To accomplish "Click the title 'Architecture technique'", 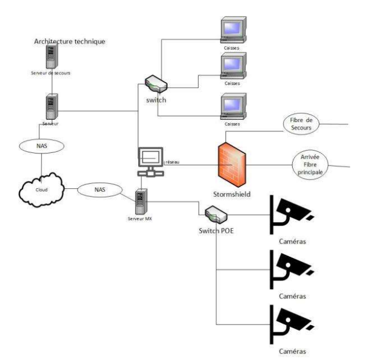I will (x=70, y=41).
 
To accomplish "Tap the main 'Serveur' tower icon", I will (x=51, y=105).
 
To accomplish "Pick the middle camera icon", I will (x=290, y=268).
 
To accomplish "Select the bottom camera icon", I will (x=290, y=322).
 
